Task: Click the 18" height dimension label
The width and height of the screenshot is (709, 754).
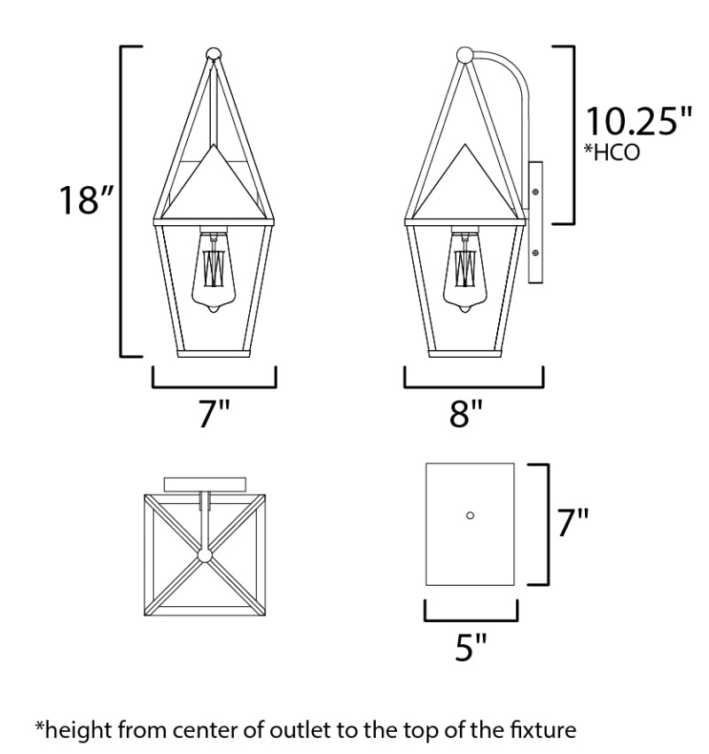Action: (x=86, y=199)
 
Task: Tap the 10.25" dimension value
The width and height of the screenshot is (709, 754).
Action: (x=638, y=121)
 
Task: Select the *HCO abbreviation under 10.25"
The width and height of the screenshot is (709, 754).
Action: (x=612, y=152)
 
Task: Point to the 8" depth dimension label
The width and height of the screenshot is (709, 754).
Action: (x=465, y=413)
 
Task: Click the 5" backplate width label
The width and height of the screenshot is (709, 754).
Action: (x=471, y=647)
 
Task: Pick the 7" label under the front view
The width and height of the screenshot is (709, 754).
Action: (x=214, y=413)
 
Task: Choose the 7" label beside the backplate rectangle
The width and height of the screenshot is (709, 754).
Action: (x=573, y=522)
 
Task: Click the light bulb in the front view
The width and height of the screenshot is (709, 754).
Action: (x=214, y=273)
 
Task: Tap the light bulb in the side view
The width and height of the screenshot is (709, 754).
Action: (x=464, y=273)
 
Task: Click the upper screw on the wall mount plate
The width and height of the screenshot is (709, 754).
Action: (x=535, y=192)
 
